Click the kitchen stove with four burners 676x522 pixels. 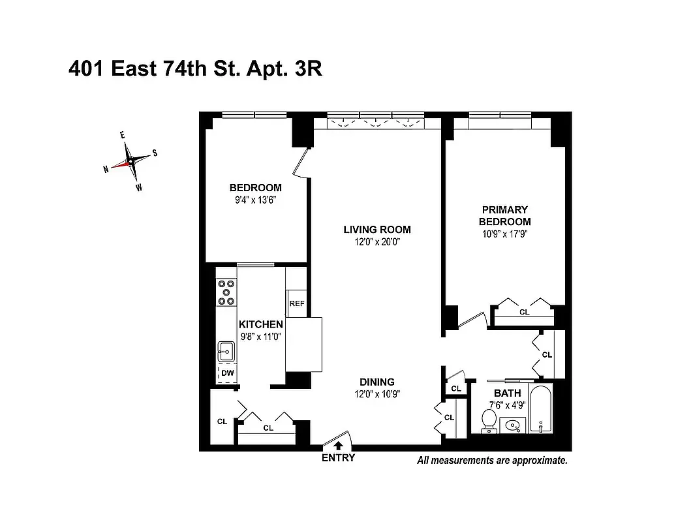[x=226, y=292]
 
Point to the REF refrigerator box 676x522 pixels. [x=296, y=303]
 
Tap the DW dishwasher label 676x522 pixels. [x=227, y=373]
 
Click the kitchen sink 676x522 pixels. [x=226, y=352]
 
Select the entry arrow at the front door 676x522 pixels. [x=339, y=445]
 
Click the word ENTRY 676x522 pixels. [x=339, y=458]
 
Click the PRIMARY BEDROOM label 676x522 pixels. [x=504, y=215]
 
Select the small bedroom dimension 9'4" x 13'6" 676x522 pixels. [x=255, y=200]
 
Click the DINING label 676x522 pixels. [x=377, y=382]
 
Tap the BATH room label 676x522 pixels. [x=507, y=393]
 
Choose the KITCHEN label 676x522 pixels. [x=260, y=324]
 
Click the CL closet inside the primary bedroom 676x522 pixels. [x=524, y=313]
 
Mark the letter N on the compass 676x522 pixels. [x=106, y=169]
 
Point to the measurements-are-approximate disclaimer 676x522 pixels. [x=492, y=460]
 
